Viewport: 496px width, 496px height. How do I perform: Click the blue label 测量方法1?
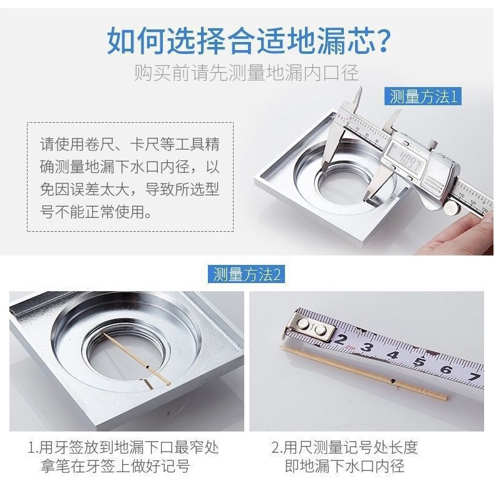pos(423,96)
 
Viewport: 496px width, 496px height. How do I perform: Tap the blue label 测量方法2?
pos(246,274)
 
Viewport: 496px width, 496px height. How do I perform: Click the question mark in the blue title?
pos(381,41)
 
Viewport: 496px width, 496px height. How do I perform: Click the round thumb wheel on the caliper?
pos(452,207)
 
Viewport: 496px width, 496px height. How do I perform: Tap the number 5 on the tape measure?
pos(420,361)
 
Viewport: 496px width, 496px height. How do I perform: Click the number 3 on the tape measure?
pos(366,347)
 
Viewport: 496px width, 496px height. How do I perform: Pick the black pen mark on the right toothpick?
pos(393,381)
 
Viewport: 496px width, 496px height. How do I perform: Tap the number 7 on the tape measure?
pos(475,377)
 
